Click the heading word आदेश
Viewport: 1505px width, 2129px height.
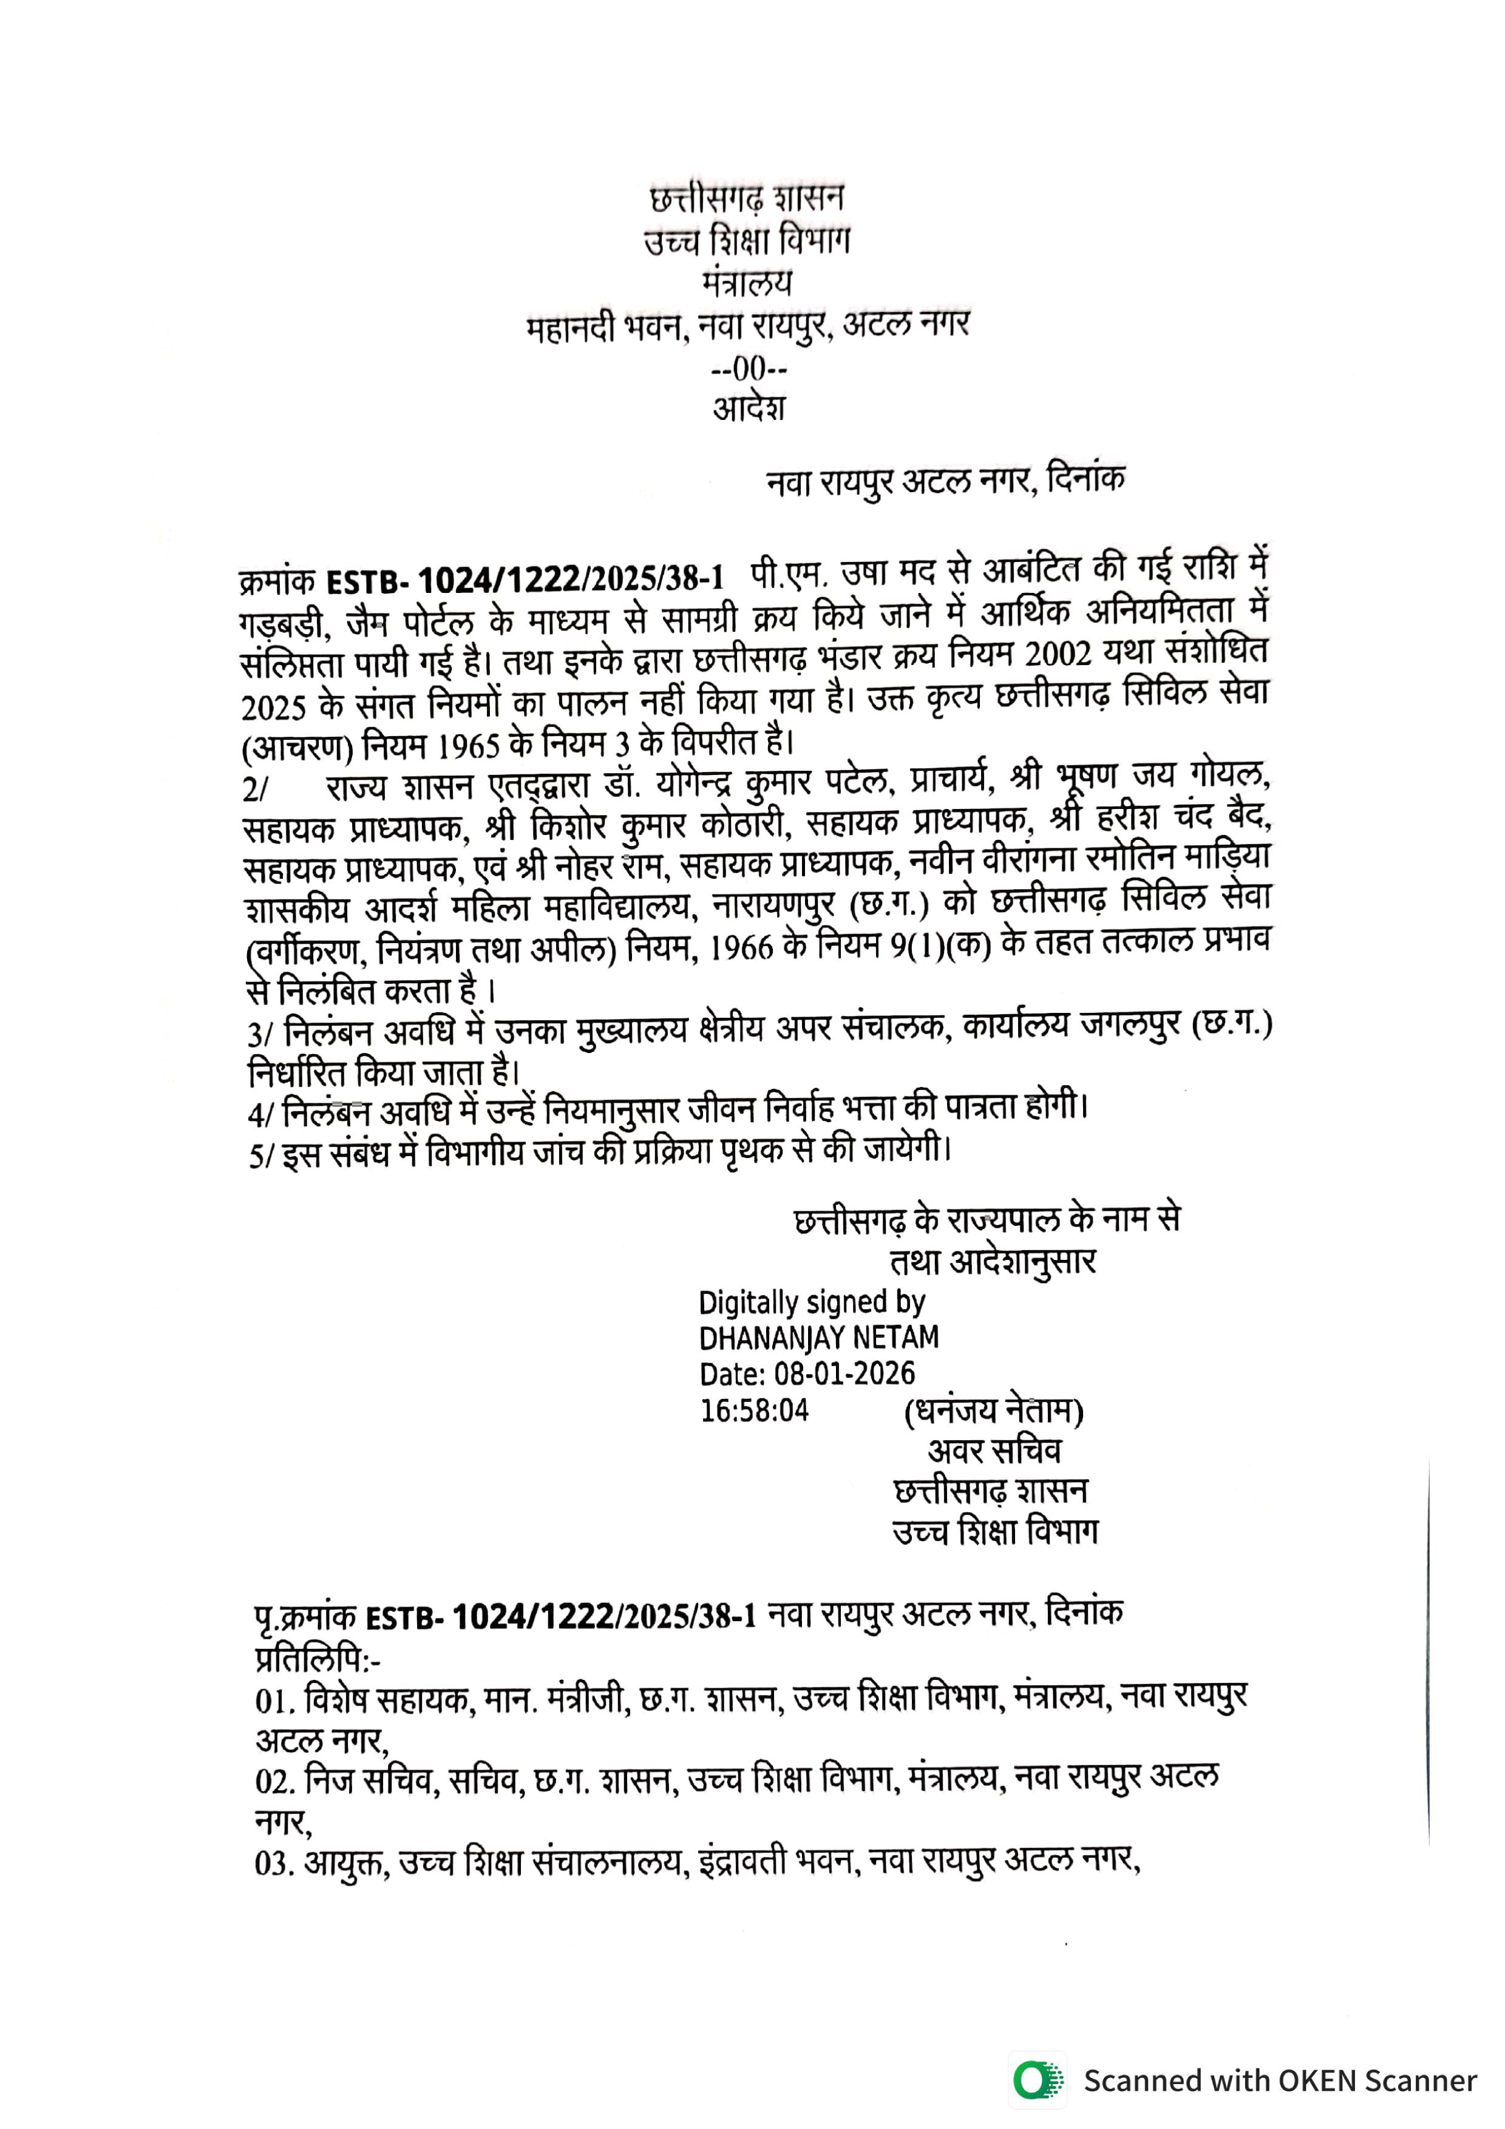(749, 408)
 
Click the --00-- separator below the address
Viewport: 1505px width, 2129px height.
(749, 369)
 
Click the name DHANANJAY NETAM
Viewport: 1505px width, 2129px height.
(818, 1337)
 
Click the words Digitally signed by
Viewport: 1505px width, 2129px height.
(811, 1302)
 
